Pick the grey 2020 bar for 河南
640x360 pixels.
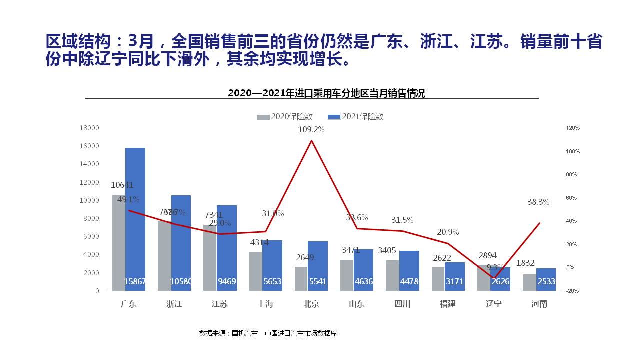pyautogui.click(x=529, y=282)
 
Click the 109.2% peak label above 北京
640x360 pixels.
pyautogui.click(x=311, y=130)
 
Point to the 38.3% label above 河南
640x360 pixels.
pyautogui.click(x=538, y=202)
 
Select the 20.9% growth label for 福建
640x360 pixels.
pyautogui.click(x=448, y=232)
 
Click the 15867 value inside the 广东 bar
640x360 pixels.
pyautogui.click(x=135, y=282)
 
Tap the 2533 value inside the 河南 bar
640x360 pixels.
pyautogui.click(x=546, y=282)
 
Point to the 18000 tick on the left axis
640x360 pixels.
pyautogui.click(x=89, y=128)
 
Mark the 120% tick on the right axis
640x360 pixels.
pyautogui.click(x=572, y=128)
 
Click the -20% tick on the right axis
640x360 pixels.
pyautogui.click(x=572, y=291)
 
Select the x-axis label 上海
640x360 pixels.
pyautogui.click(x=265, y=304)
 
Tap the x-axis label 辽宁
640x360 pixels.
pyautogui.click(x=494, y=304)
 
